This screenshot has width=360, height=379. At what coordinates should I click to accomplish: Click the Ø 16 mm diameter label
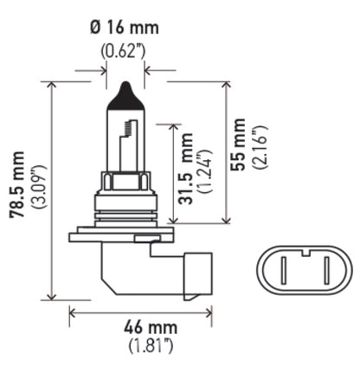click(x=123, y=29)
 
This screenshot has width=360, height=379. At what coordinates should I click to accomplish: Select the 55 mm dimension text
click(x=239, y=145)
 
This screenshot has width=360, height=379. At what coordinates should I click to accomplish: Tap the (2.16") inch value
click(x=259, y=145)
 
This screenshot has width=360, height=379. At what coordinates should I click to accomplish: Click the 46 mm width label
click(x=141, y=328)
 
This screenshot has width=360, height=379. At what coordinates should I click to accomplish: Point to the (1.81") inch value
click(x=141, y=347)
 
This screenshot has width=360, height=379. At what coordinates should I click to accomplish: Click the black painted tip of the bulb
click(x=122, y=93)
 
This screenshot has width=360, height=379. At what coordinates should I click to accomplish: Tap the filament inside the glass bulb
click(x=127, y=134)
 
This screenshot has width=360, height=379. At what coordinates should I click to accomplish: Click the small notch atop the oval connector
click(x=306, y=253)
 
